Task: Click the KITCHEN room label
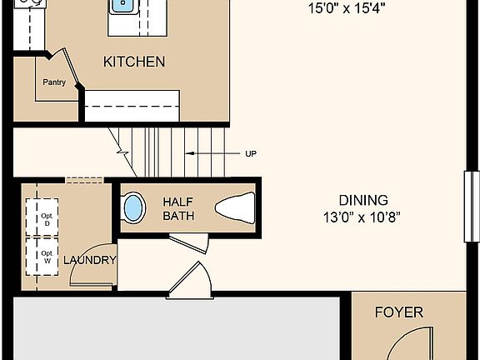[133, 62]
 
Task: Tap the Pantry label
[54, 82]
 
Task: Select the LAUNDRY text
[93, 260]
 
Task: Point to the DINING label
[362, 200]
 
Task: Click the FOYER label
[398, 313]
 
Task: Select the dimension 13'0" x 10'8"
[362, 218]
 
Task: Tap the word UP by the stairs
[251, 153]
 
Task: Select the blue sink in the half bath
[132, 207]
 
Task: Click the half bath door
[191, 242]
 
